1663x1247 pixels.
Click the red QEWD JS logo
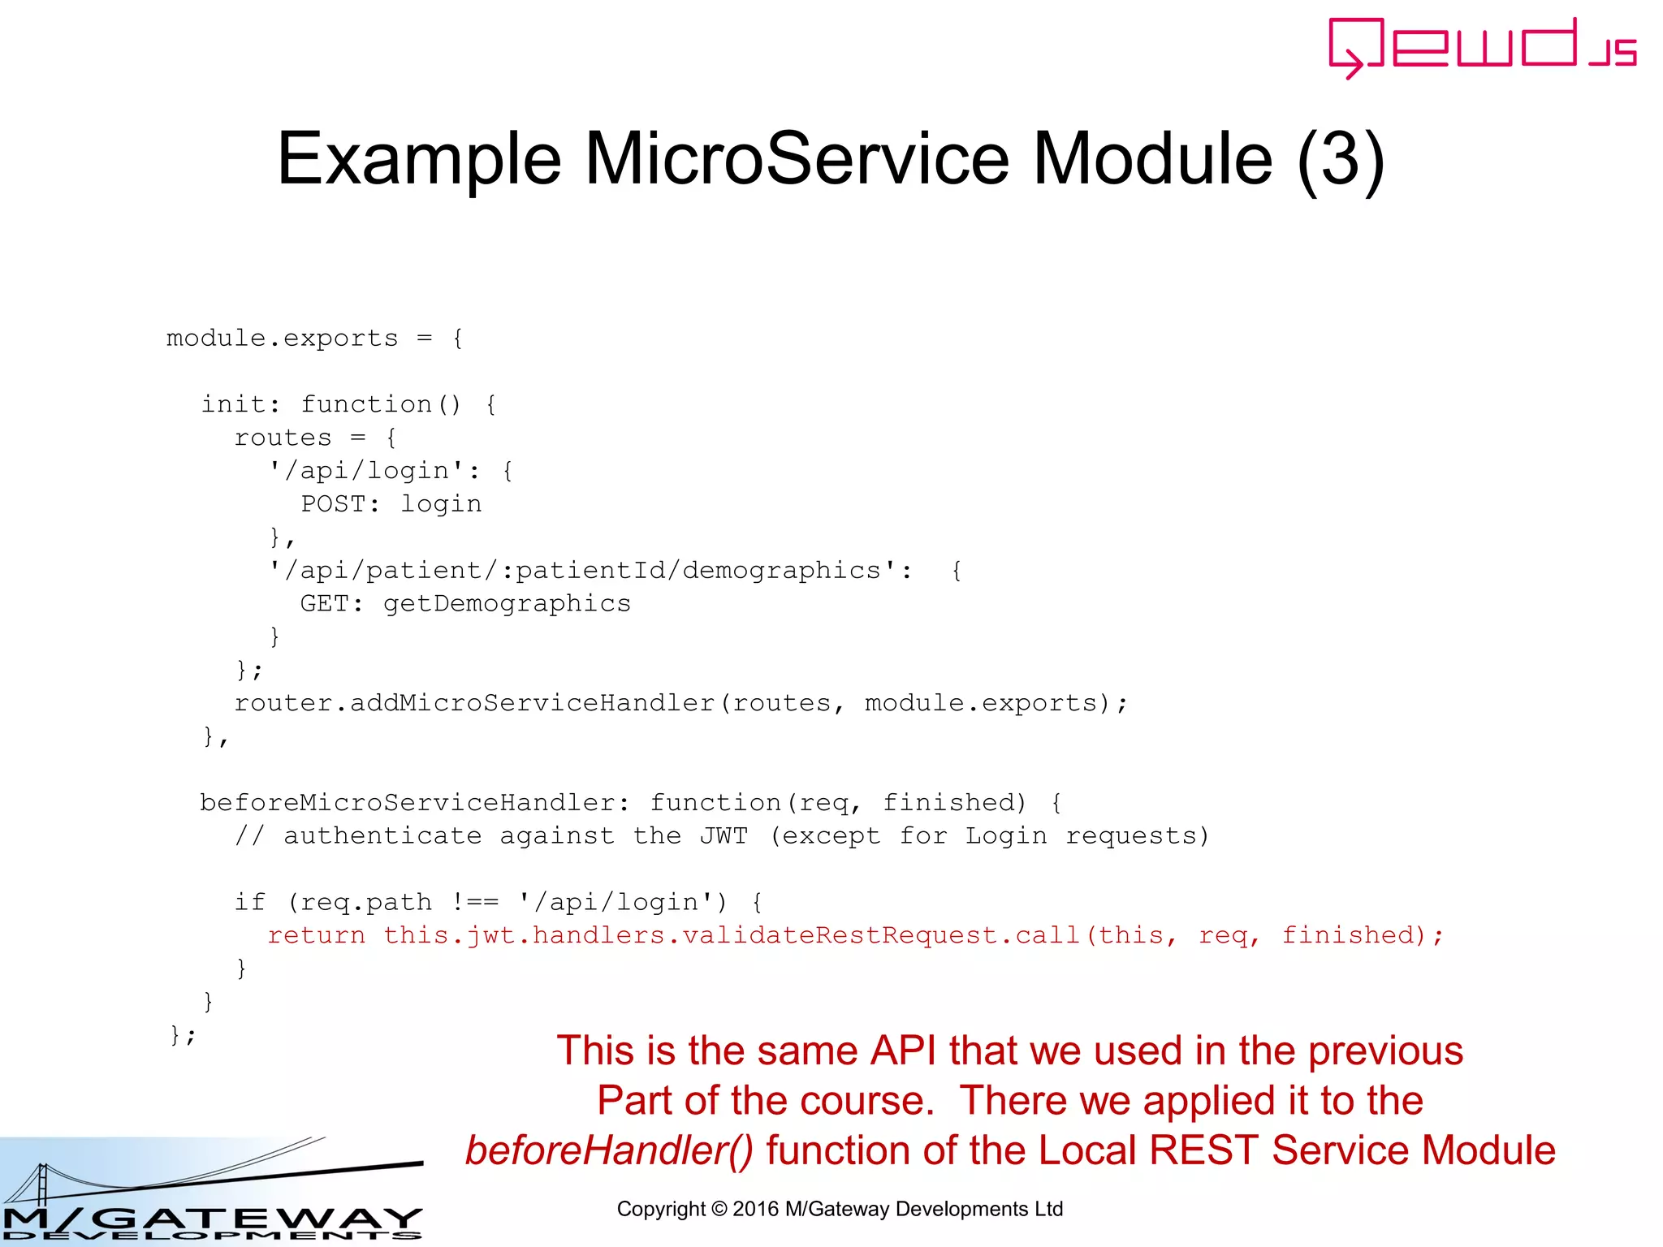coord(1481,47)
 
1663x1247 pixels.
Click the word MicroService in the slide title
coord(797,159)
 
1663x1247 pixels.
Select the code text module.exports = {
coord(314,339)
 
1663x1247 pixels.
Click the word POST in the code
coord(332,504)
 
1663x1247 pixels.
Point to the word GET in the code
coord(324,604)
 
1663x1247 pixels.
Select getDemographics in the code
coord(507,604)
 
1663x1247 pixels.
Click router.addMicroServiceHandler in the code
coord(473,703)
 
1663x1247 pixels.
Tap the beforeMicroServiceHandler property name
coord(407,803)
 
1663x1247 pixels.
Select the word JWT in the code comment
coord(724,836)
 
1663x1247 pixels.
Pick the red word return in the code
coord(316,935)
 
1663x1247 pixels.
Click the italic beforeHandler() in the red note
coord(609,1150)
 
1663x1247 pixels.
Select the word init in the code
coord(232,404)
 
